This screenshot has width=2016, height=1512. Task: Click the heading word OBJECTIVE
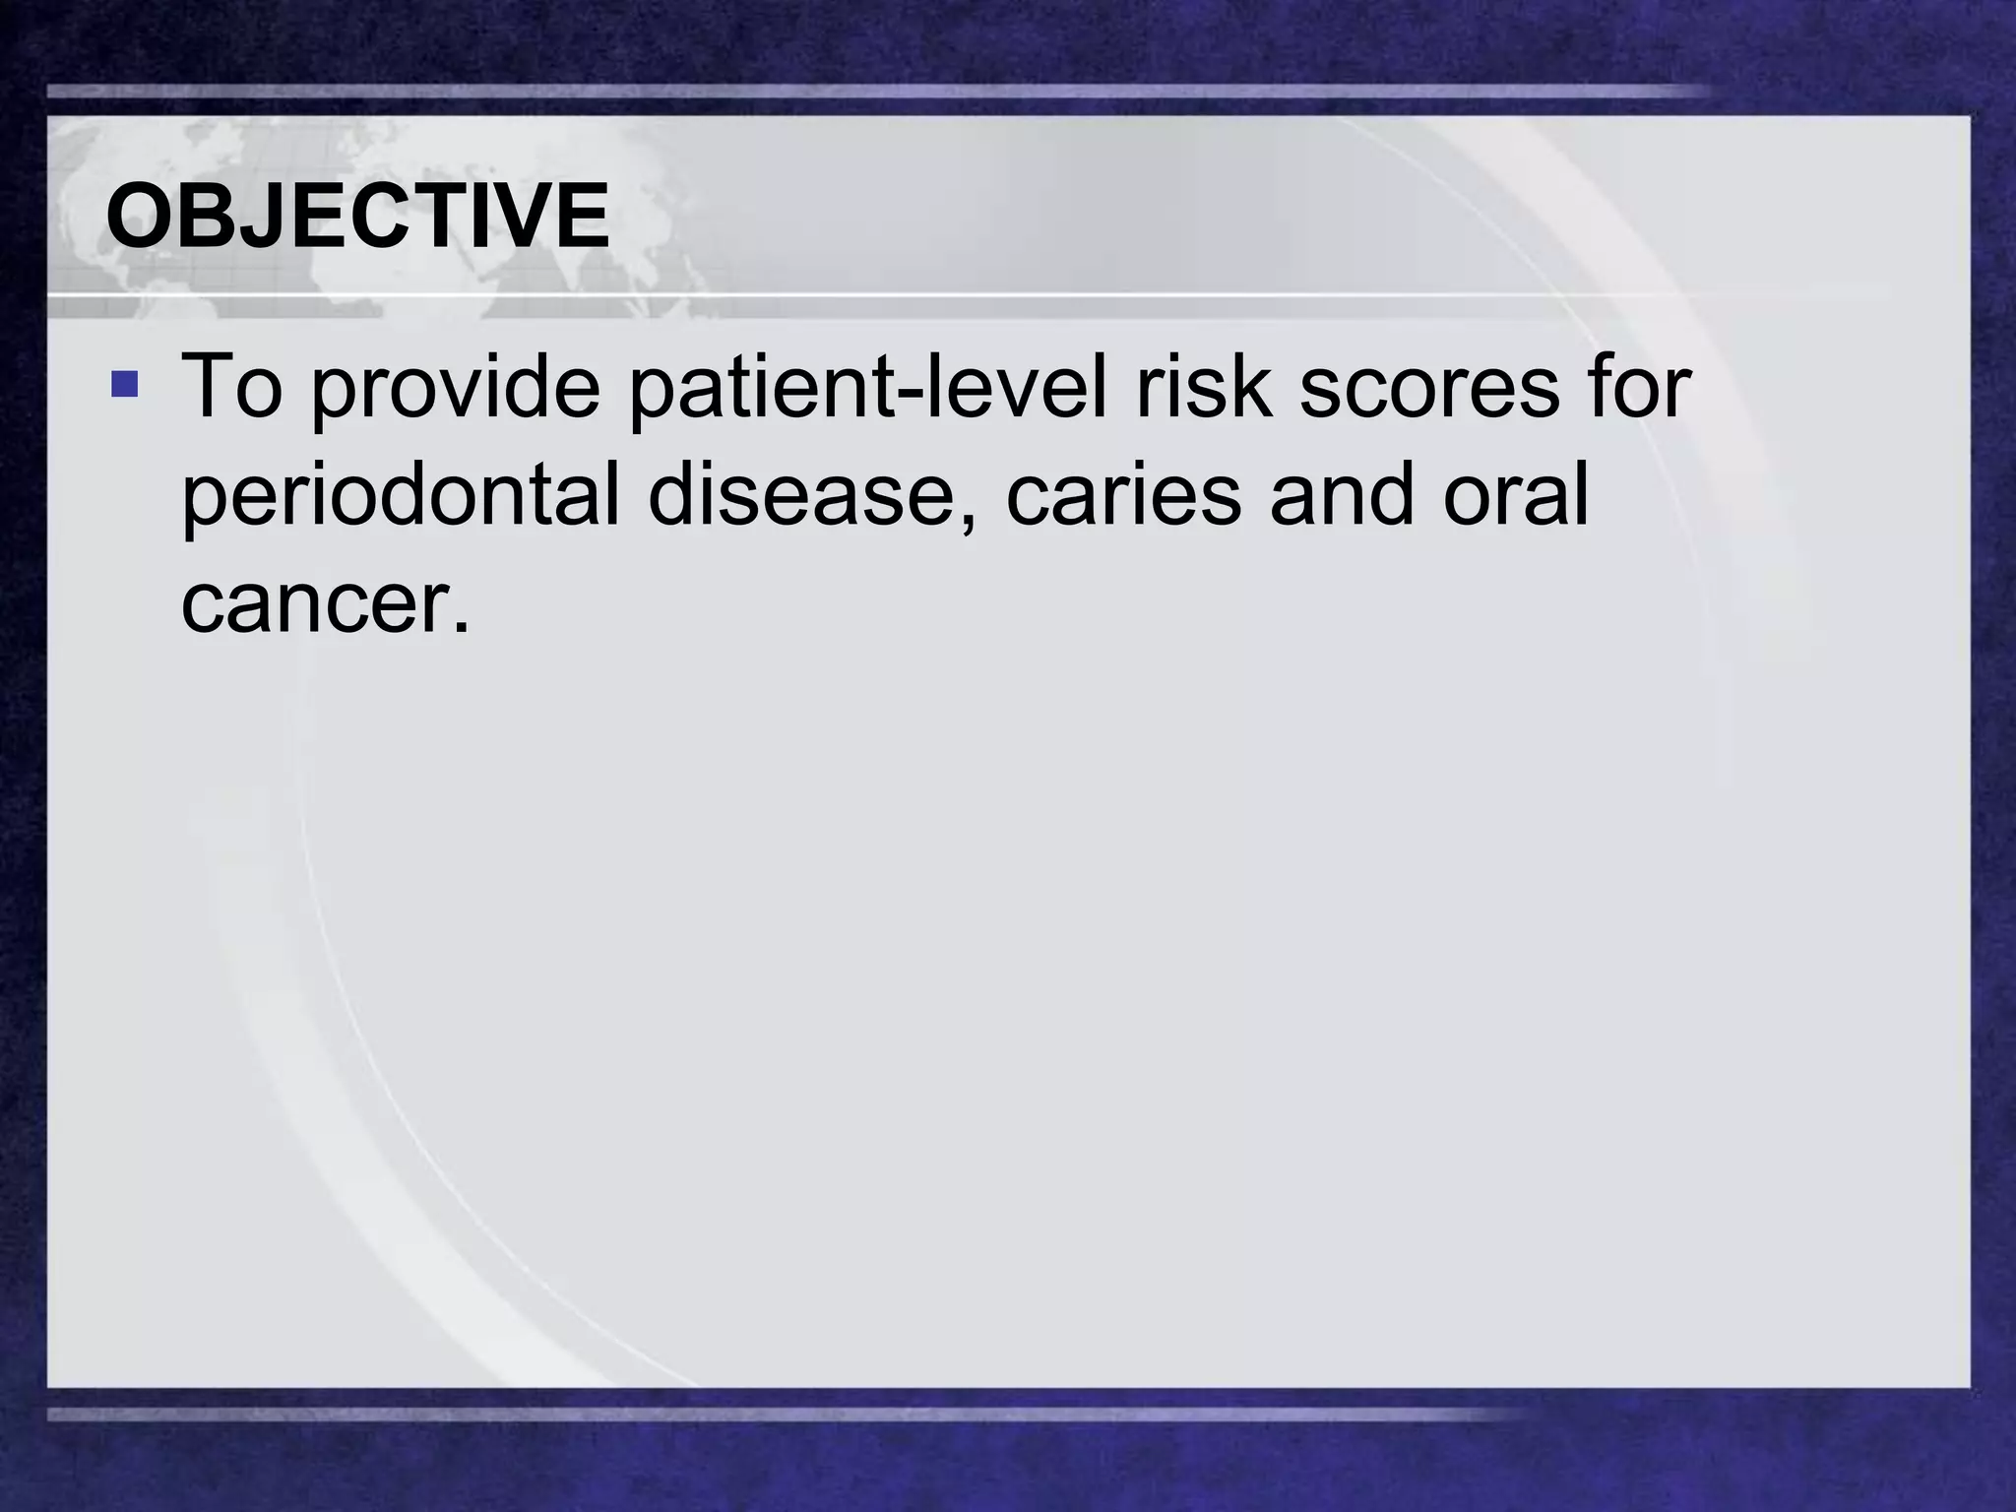tap(357, 217)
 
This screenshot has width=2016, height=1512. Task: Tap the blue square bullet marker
tap(125, 383)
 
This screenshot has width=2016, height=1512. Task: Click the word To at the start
tap(231, 386)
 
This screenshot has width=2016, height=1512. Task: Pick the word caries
tap(1122, 495)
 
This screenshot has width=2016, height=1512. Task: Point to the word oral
tap(1517, 495)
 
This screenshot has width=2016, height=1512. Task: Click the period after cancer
tap(461, 626)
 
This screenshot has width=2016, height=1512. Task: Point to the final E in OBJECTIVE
tap(580, 217)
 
